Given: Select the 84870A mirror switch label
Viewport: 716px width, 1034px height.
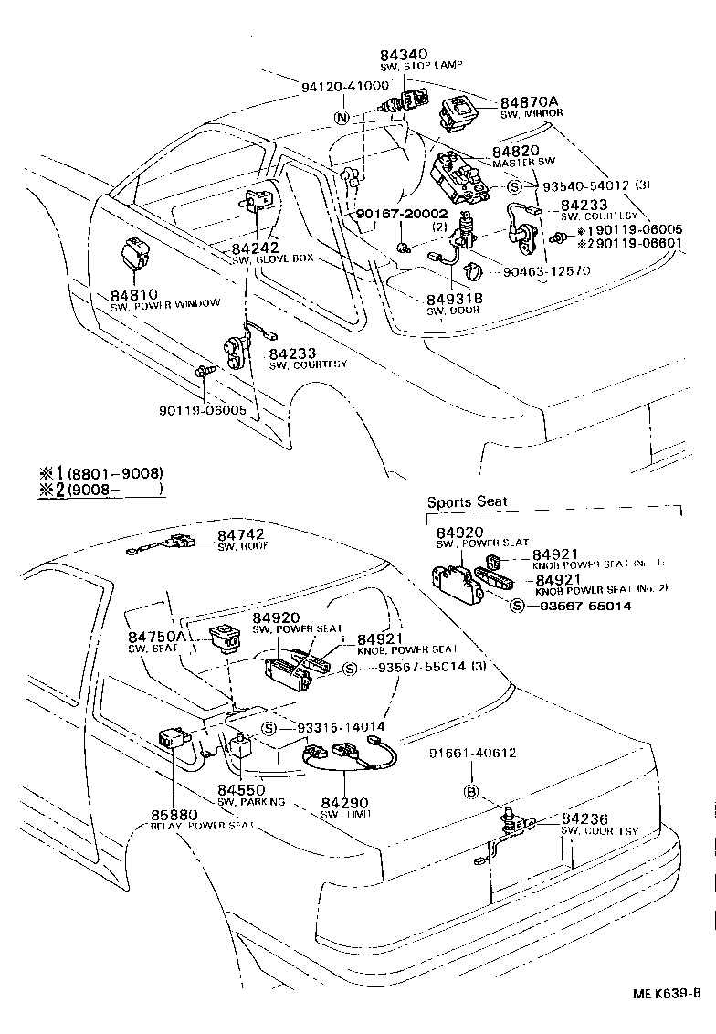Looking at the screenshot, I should pos(529,101).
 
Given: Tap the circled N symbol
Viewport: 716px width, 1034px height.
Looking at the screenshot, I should pos(341,118).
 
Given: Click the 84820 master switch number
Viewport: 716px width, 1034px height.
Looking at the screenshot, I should pos(515,151).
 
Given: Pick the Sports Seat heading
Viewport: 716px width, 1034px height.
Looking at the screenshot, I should pos(467,502).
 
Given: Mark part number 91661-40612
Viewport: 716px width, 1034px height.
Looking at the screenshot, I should pos(473,754).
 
